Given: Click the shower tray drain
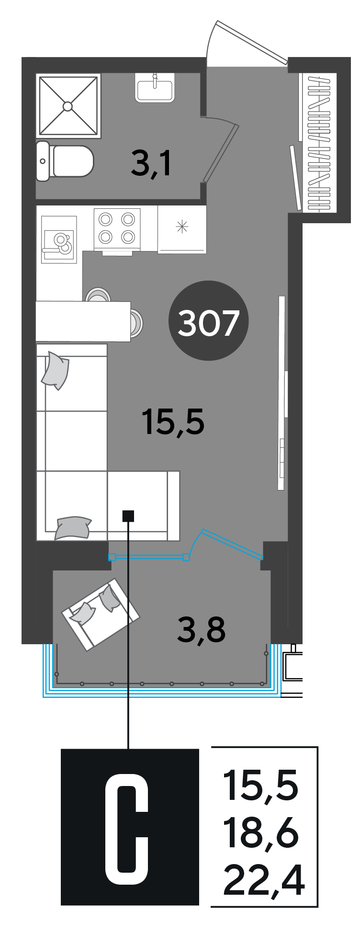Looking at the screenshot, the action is click(x=68, y=106).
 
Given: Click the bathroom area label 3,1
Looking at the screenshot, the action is click(x=151, y=163).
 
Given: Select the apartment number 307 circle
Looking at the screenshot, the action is click(x=208, y=321).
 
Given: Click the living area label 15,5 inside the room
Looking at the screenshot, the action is click(x=173, y=421).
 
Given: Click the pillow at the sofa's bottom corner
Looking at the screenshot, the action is click(x=73, y=528).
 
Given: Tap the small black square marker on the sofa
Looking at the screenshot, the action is click(x=128, y=516).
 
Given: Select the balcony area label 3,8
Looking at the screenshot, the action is click(x=201, y=630).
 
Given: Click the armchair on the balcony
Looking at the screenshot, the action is click(x=101, y=615).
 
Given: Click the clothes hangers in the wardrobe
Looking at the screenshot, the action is click(x=320, y=143).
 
